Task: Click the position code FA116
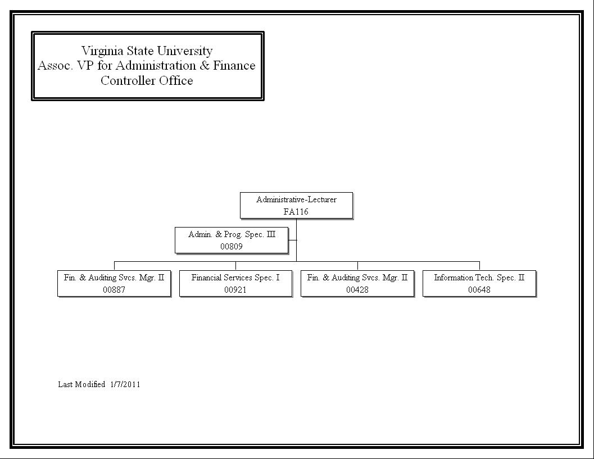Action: coord(296,212)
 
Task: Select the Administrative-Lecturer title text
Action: coord(296,199)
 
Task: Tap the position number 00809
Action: coord(231,247)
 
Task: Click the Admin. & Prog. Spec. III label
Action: coord(232,234)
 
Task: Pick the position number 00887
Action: coord(114,290)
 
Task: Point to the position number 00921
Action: coord(235,290)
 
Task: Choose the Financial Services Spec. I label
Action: coord(235,278)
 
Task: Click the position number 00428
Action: coord(357,290)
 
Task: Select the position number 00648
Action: coord(479,290)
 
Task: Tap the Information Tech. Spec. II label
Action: coord(479,278)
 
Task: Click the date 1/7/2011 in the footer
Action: coord(125,384)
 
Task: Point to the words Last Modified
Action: coord(81,384)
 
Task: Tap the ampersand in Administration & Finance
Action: coord(205,66)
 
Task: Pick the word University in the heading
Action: coord(185,51)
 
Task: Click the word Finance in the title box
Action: coord(234,66)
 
